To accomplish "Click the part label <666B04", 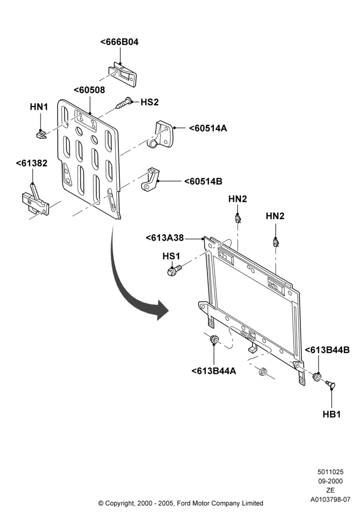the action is [119, 42].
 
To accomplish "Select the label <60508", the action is [89, 90].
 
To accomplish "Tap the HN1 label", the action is [39, 107].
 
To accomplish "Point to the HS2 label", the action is [150, 102].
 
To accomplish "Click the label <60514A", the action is [208, 128].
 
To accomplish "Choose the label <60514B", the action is [203, 181].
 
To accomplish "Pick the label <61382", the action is [31, 163].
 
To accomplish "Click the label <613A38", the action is [165, 237].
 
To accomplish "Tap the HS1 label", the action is [171, 256].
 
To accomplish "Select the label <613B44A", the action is [214, 371].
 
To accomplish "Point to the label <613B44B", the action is [327, 350].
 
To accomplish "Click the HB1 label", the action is [332, 414].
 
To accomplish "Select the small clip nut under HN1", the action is [41, 134].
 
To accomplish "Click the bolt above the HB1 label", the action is [330, 384].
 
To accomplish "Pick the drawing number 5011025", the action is [331, 472].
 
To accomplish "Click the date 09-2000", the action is [331, 481].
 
